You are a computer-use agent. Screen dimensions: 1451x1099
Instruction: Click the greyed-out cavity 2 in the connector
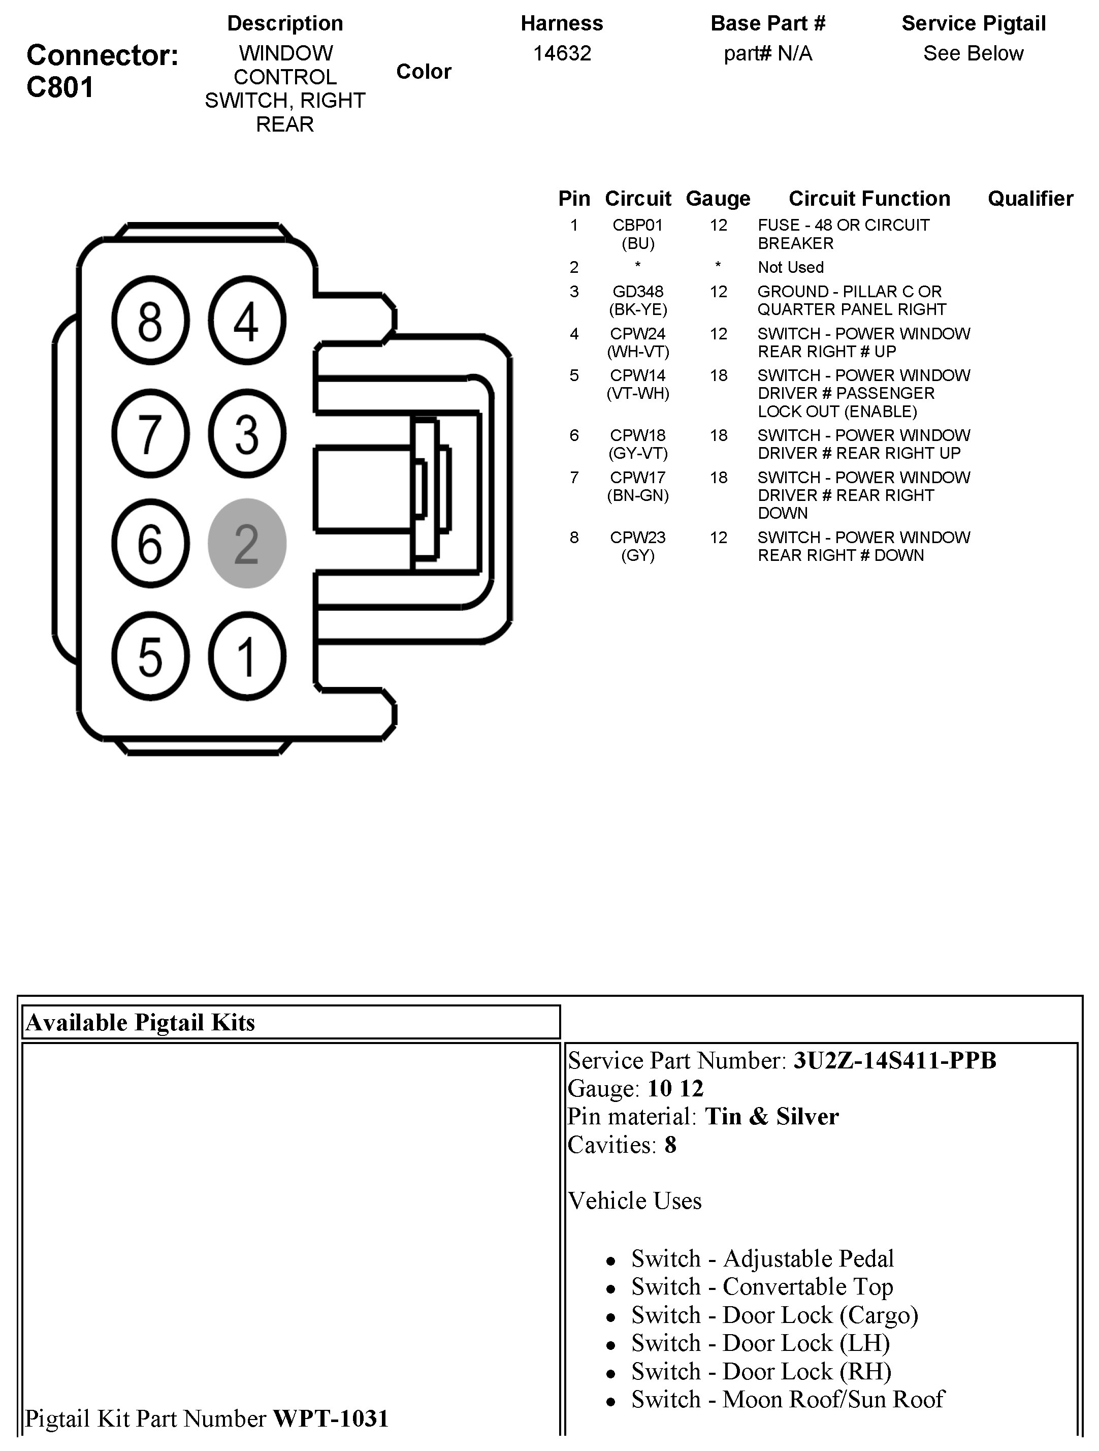(246, 543)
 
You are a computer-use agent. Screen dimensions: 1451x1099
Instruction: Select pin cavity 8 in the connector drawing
(150, 321)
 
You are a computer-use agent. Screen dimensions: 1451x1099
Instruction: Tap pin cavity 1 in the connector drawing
(246, 656)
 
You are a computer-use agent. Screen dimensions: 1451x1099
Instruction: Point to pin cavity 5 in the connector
(150, 656)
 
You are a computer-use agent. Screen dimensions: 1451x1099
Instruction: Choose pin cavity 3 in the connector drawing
(246, 433)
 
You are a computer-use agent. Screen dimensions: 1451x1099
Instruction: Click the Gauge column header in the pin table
(718, 198)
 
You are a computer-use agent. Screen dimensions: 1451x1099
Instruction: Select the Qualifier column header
(1030, 198)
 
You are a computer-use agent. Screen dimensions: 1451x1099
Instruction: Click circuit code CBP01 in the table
(637, 225)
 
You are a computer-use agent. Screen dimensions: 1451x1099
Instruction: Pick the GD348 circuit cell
(637, 291)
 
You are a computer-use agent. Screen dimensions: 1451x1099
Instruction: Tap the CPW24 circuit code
(637, 333)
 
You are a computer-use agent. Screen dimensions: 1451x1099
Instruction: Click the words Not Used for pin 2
(790, 267)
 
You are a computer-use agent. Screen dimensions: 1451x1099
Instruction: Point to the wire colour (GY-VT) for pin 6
(637, 453)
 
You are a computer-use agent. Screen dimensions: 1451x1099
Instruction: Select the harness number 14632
(562, 53)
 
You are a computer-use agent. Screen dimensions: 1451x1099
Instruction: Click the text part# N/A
(768, 53)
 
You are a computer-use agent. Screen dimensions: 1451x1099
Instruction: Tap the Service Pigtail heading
(973, 23)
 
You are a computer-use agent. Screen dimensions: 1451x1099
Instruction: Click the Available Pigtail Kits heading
(140, 1022)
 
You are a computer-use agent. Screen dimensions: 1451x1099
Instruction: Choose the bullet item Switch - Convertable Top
(762, 1287)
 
